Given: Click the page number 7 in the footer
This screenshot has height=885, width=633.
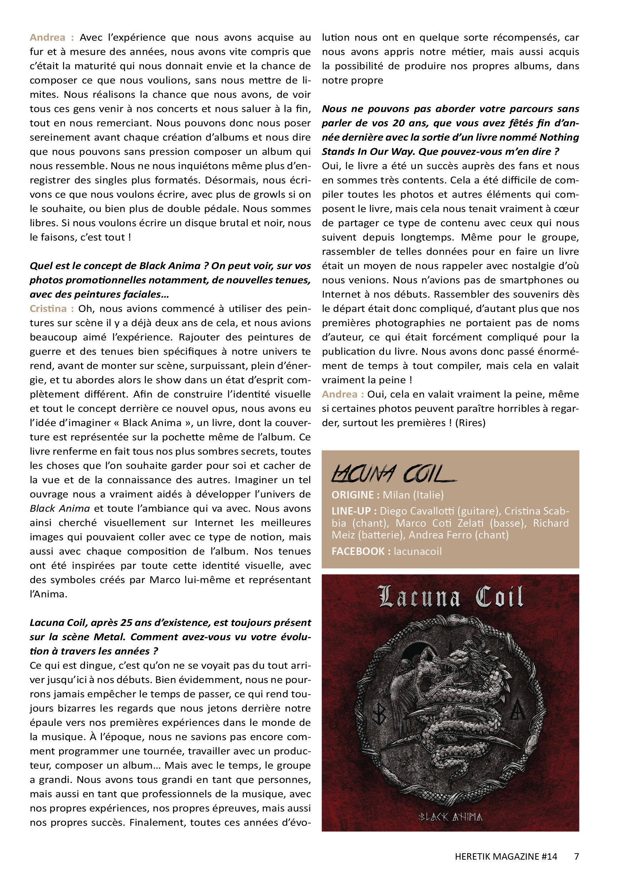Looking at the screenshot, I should [577, 856].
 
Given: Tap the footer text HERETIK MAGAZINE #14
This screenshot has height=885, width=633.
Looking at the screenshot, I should [505, 856].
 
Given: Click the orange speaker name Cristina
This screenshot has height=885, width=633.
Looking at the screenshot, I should [48, 308].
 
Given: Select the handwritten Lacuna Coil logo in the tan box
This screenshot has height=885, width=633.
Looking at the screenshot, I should [393, 474].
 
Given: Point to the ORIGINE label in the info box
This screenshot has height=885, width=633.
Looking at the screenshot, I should [352, 495].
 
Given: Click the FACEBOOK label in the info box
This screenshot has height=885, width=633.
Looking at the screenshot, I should [358, 551].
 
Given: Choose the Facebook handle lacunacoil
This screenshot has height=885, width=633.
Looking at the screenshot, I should [418, 551].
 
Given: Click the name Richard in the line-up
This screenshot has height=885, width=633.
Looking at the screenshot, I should [551, 523].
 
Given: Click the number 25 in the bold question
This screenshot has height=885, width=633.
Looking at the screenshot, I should [126, 623].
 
